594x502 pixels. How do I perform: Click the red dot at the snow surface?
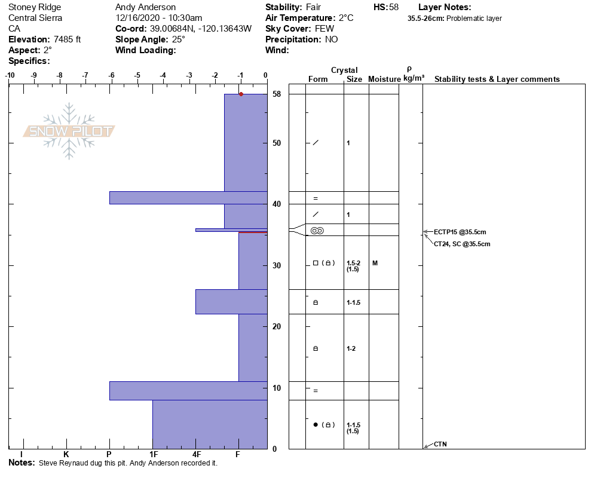point(241,94)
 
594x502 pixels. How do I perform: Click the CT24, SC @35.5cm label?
point(462,244)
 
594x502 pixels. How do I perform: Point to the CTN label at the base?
point(440,444)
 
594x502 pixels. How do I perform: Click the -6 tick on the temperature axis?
point(111,75)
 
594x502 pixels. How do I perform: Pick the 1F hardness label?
point(153,455)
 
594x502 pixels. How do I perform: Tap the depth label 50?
point(277,143)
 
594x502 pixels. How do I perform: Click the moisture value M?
point(375,263)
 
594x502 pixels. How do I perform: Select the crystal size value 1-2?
point(351,348)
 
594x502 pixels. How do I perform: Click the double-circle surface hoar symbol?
point(317,231)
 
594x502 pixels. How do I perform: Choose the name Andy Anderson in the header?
point(145,7)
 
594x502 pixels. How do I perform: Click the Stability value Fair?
point(314,7)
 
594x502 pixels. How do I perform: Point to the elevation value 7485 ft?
point(62,39)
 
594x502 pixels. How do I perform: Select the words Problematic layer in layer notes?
point(477,19)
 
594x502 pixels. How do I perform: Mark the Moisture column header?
point(384,79)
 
